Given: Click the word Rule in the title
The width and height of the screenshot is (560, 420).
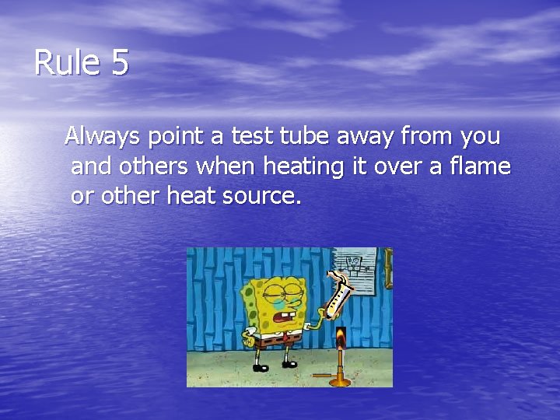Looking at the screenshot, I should pos(66,63).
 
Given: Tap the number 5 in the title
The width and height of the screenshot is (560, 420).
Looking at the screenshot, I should pos(119,63).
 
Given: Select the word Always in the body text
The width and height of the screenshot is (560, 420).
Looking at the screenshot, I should pos(103,137).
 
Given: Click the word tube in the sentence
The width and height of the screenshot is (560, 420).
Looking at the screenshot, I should pos(306,137).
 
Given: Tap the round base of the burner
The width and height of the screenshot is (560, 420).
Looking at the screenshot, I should pos(339,381).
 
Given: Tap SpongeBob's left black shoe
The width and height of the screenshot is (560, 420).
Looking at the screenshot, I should pos(260,366).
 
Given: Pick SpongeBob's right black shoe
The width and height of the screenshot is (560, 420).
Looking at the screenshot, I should pos(290,363).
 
